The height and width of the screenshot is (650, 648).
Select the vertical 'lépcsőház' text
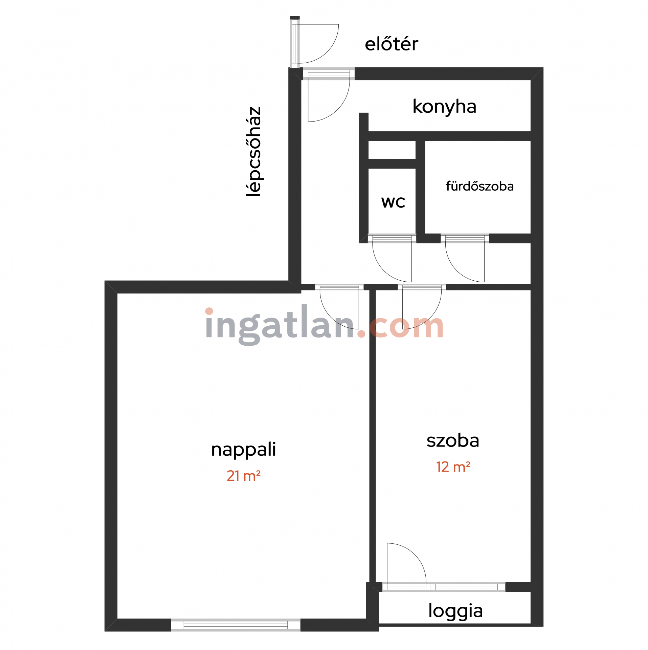point(254,151)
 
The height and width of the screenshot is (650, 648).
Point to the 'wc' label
point(393,202)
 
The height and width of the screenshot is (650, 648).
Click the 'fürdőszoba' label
point(479,186)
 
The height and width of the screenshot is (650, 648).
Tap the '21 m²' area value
point(243,476)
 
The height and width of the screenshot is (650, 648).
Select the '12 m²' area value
point(453,467)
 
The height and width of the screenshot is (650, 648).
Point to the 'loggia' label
point(455,611)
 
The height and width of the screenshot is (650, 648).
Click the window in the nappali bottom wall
point(236,625)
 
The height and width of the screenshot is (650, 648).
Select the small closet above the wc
point(392,150)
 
